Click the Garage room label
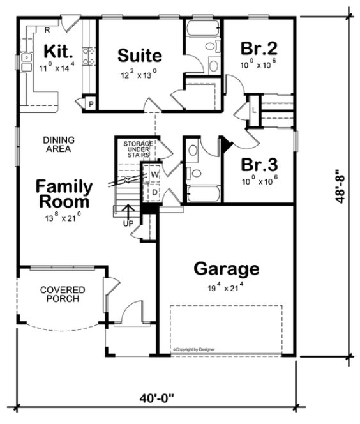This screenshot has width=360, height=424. coord(227,268)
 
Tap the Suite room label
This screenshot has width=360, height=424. coord(140,56)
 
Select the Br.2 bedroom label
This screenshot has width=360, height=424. coord(259,48)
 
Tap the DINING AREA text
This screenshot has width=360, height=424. coord(58,144)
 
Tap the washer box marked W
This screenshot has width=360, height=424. coord(154,174)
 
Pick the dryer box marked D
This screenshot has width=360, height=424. coord(154,191)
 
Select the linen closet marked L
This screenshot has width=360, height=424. coord(254,110)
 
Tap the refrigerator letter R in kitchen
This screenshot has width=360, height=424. coord(47,29)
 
